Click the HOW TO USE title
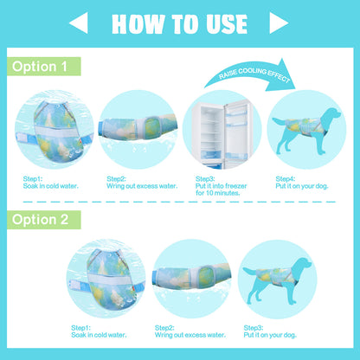coord(179,24)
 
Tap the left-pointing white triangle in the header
coord(80,22)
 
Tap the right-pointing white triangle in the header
coord(279,22)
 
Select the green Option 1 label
coord(44,67)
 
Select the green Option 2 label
coord(44,220)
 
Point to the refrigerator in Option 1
coord(222,133)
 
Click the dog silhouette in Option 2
coord(277,280)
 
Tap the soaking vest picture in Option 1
coord(55,130)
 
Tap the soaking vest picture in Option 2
coord(106,279)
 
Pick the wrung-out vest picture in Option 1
coord(138,130)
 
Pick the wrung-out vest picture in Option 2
coord(191,279)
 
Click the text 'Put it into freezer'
coord(221,186)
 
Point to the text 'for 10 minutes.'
coord(217,193)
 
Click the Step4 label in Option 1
coord(285,179)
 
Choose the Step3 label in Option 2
coord(254,328)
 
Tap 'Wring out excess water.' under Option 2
coord(190,335)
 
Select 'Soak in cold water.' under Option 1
coord(51,186)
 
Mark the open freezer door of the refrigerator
coord(238,132)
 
